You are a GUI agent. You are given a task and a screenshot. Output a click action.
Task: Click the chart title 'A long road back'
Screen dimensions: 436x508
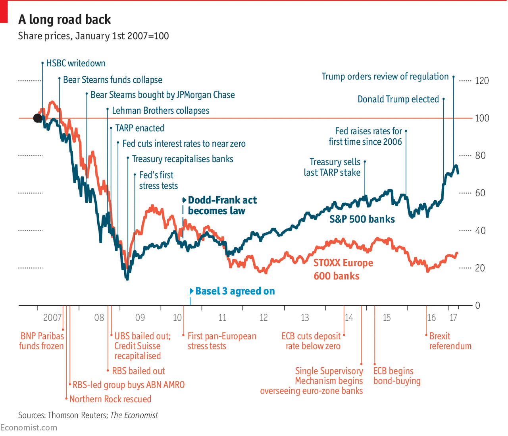pos(65,19)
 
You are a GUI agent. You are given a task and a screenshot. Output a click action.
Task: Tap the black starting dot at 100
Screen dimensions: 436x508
pos(38,118)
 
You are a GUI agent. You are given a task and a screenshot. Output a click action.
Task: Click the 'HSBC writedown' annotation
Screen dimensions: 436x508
pos(76,63)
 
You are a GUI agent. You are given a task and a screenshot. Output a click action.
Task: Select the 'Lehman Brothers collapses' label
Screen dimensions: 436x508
pos(160,110)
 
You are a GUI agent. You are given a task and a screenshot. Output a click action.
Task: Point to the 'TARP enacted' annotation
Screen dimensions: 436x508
pos(139,128)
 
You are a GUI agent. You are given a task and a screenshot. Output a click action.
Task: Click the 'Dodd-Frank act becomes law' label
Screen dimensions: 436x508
pos(222,205)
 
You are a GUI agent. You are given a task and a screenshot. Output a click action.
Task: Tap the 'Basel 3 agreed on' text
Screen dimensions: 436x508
pos(235,291)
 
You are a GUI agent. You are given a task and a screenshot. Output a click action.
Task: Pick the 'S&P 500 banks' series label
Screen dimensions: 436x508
pos(362,219)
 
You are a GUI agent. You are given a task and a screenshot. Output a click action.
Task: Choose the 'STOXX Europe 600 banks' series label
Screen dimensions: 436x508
pos(343,269)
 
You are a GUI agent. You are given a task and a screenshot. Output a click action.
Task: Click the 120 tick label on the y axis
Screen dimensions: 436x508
pos(482,81)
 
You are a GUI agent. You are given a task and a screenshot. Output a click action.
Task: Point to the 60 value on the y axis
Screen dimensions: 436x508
pos(480,193)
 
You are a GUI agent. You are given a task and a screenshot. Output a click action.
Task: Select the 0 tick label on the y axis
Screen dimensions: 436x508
pos(477,305)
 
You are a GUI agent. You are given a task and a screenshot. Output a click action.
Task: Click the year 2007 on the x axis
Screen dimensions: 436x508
pos(52,318)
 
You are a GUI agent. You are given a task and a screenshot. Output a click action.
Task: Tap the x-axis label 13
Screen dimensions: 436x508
pos(304,318)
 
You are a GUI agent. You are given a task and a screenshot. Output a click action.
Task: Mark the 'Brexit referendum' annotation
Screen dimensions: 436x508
pos(450,341)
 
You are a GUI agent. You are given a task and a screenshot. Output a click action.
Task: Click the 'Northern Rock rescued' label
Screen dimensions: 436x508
pos(110,399)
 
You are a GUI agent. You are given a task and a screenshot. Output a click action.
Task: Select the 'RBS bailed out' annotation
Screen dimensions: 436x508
pos(138,371)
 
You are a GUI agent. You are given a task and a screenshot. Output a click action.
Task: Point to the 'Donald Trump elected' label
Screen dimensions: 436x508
pos(398,99)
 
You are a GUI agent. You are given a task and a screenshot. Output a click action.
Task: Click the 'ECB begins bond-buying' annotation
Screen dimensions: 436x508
pos(396,376)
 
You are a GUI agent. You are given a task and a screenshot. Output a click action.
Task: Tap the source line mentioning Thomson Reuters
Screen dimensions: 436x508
pos(88,415)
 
